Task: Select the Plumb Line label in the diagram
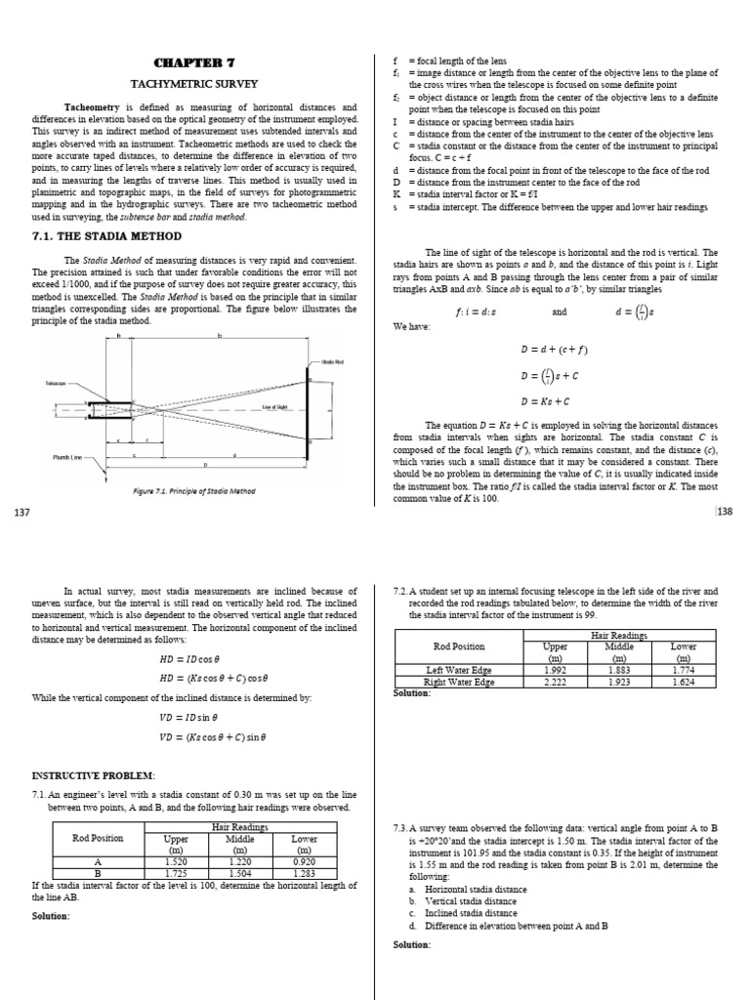(x=65, y=456)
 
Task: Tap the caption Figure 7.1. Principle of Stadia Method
(x=195, y=490)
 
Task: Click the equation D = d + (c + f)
(x=554, y=349)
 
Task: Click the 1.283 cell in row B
(x=306, y=873)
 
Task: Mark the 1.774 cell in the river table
(x=684, y=669)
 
